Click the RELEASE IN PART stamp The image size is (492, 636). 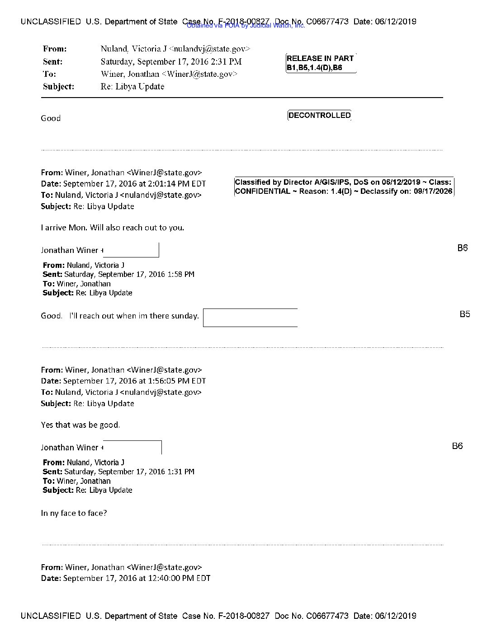(320, 59)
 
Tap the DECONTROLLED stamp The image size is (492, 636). (319, 116)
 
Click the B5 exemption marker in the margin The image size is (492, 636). (464, 314)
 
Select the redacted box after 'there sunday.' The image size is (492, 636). (250, 318)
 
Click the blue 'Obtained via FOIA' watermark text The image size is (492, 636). (246, 26)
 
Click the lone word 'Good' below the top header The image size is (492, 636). (51, 118)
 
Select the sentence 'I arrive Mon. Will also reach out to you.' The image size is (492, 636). (112, 228)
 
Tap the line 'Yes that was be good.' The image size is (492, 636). (80, 425)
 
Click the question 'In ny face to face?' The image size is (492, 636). (74, 513)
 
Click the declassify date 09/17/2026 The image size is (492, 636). (433, 192)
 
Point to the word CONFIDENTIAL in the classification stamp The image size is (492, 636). (262, 192)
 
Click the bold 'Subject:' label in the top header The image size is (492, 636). (58, 87)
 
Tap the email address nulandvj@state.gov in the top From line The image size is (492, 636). (210, 49)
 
